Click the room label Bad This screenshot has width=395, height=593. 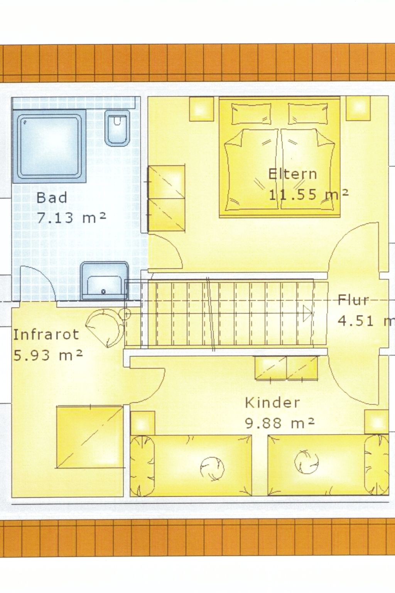tap(52, 198)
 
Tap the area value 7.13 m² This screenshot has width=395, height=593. tap(71, 218)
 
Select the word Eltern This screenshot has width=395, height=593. tap(292, 174)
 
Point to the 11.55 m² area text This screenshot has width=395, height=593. tap(308, 194)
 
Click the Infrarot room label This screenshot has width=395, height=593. tap(46, 334)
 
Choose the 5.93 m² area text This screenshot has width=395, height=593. tap(48, 355)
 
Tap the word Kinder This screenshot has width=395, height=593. tap(272, 403)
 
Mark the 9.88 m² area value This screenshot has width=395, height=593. tap(280, 423)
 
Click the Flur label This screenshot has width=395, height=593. tap(353, 300)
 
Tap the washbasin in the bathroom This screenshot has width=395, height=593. tap(104, 281)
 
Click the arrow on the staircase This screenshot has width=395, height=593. tap(307, 313)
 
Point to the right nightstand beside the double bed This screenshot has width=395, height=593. tap(358, 108)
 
